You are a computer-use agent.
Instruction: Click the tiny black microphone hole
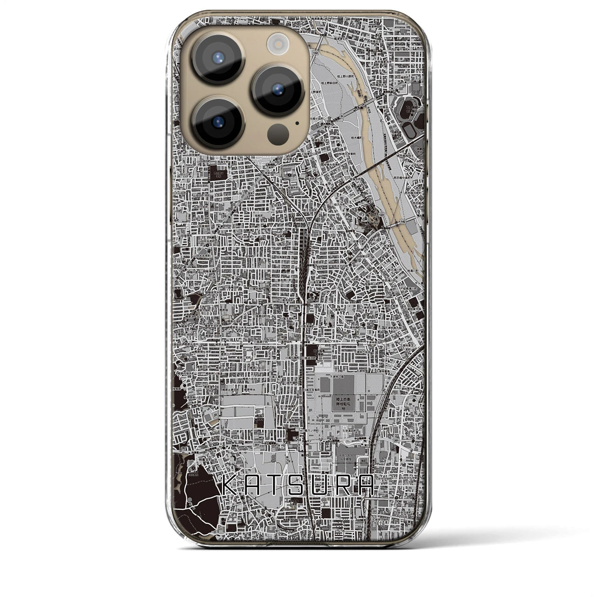click(297, 124)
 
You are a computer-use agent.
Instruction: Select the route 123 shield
click(382, 215)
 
